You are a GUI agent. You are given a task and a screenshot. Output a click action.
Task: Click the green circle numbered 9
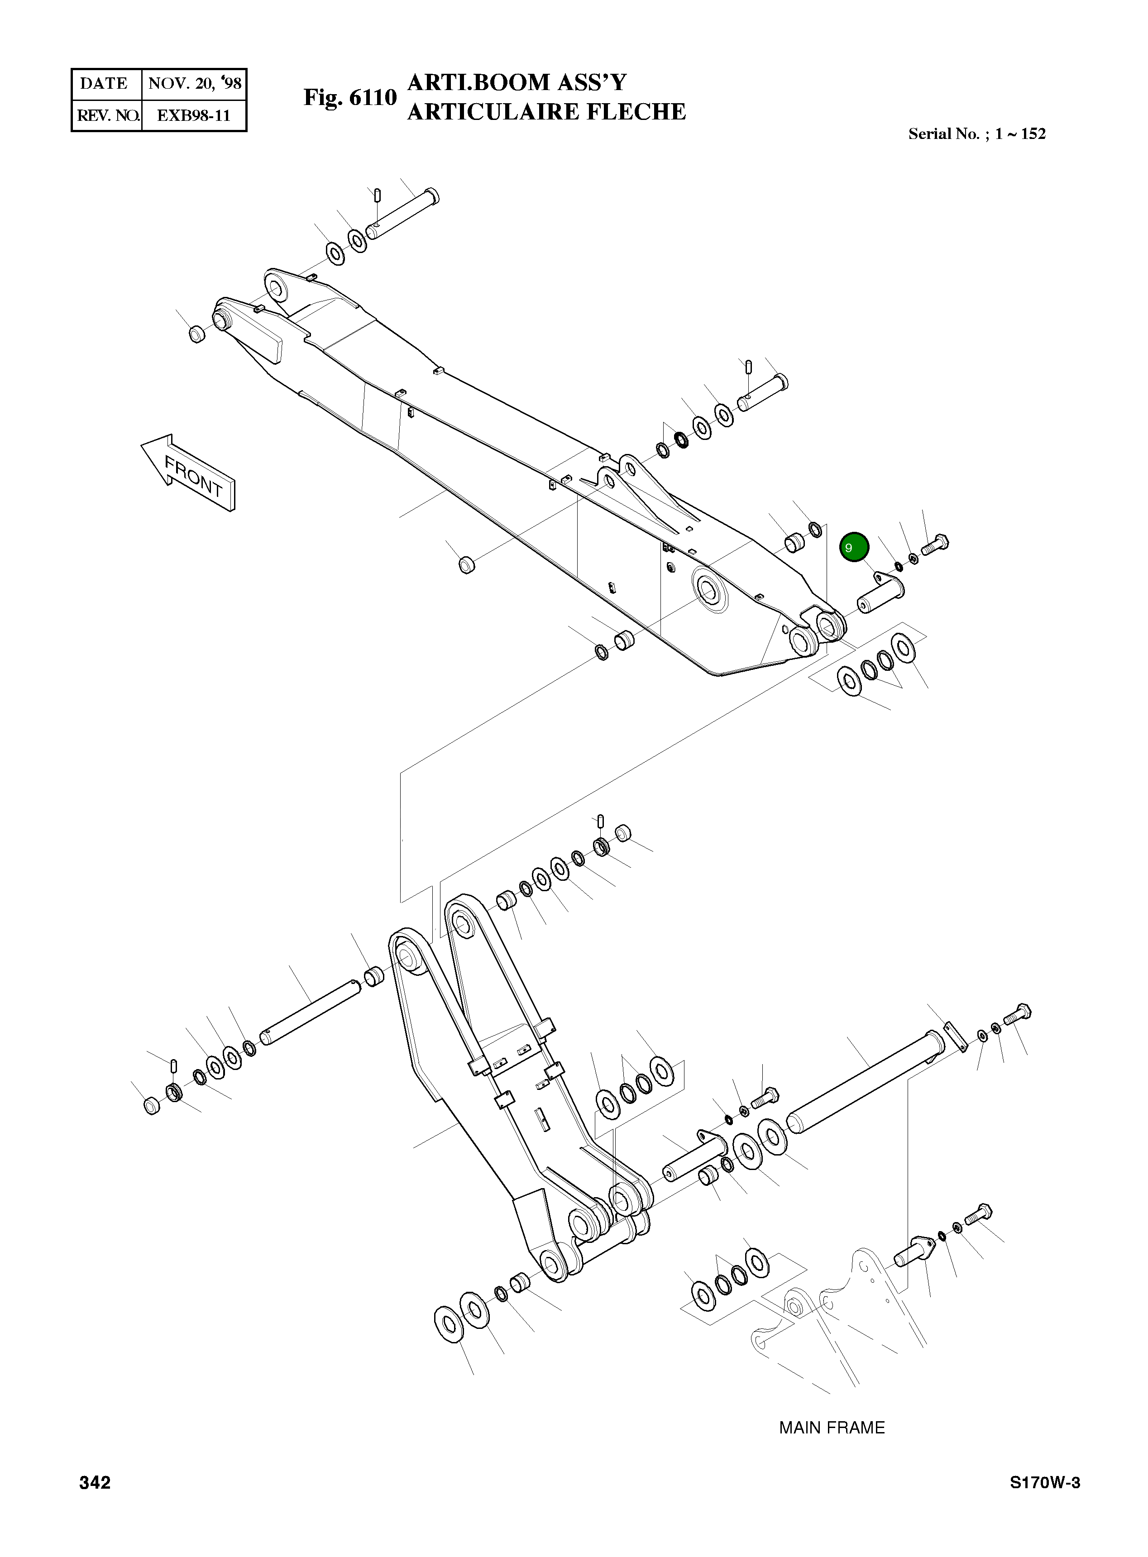(x=854, y=547)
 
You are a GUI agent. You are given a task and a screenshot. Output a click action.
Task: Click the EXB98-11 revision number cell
(x=193, y=115)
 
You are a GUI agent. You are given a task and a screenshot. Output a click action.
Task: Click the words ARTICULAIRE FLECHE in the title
(x=546, y=112)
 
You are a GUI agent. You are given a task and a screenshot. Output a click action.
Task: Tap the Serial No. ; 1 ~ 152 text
(x=976, y=134)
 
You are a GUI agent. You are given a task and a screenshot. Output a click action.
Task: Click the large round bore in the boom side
(x=709, y=591)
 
